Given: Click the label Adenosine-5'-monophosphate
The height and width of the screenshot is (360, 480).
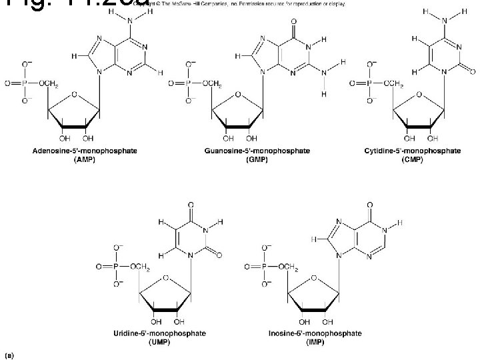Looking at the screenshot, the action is coord(85,151).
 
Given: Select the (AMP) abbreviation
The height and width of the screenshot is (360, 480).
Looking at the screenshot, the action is coord(85,159).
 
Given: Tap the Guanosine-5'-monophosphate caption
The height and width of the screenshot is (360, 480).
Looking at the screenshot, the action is coord(257,151).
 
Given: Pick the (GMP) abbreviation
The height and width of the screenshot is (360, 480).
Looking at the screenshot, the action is coord(257,159).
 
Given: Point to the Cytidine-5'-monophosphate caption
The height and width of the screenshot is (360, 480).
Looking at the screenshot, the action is coord(412,151).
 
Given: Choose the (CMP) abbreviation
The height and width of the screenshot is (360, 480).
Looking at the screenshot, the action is coord(412,159).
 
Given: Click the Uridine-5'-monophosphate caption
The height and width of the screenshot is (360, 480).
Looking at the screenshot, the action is coord(168,332).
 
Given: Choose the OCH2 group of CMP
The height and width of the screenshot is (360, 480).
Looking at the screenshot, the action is coord(390,84).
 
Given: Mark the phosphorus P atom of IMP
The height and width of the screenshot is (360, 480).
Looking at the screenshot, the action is coord(266,266).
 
